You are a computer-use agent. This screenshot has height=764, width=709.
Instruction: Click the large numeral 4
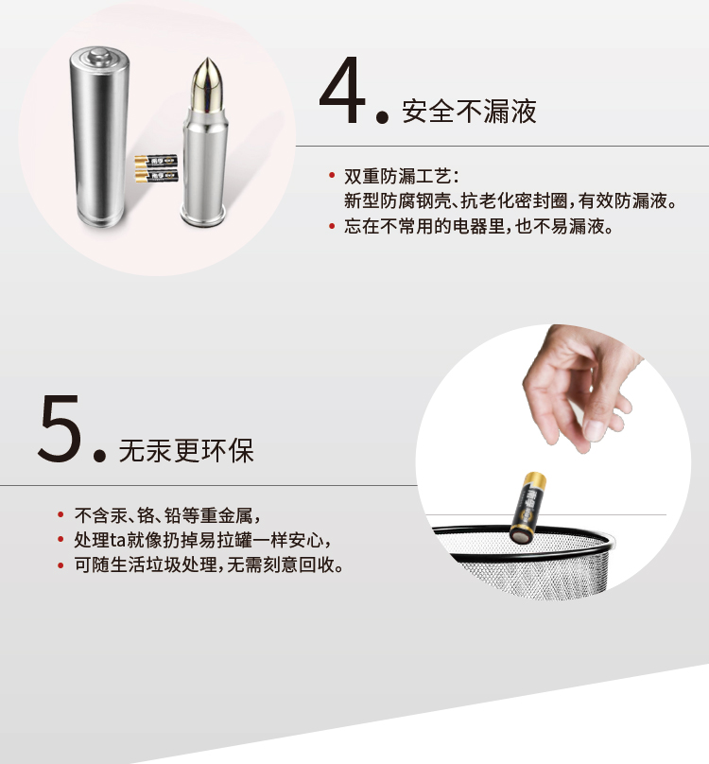click(x=342, y=90)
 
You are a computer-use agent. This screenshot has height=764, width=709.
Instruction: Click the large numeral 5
click(x=60, y=428)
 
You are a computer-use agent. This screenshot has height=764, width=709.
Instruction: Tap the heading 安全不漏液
click(x=469, y=111)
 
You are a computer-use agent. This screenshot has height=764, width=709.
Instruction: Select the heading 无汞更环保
click(x=186, y=450)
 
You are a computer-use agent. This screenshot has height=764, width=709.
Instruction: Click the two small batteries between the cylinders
click(x=156, y=168)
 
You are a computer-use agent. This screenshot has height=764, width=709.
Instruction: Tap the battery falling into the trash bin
click(x=527, y=507)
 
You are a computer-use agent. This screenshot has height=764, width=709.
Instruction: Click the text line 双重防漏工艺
click(x=401, y=177)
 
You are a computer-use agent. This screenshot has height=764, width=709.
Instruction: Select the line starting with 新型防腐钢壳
click(x=510, y=200)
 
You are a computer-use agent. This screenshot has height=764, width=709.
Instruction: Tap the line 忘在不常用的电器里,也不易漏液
click(x=478, y=226)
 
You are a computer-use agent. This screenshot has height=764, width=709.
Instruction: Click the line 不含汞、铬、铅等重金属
click(x=167, y=515)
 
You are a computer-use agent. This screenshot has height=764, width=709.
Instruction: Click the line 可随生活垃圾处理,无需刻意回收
click(x=209, y=565)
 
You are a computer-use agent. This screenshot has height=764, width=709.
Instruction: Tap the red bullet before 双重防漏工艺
click(x=332, y=176)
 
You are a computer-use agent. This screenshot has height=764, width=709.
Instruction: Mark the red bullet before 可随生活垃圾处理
click(x=61, y=565)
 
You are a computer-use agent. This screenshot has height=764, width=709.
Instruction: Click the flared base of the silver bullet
click(x=202, y=216)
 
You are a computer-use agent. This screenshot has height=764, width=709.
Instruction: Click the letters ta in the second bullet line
click(x=118, y=540)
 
